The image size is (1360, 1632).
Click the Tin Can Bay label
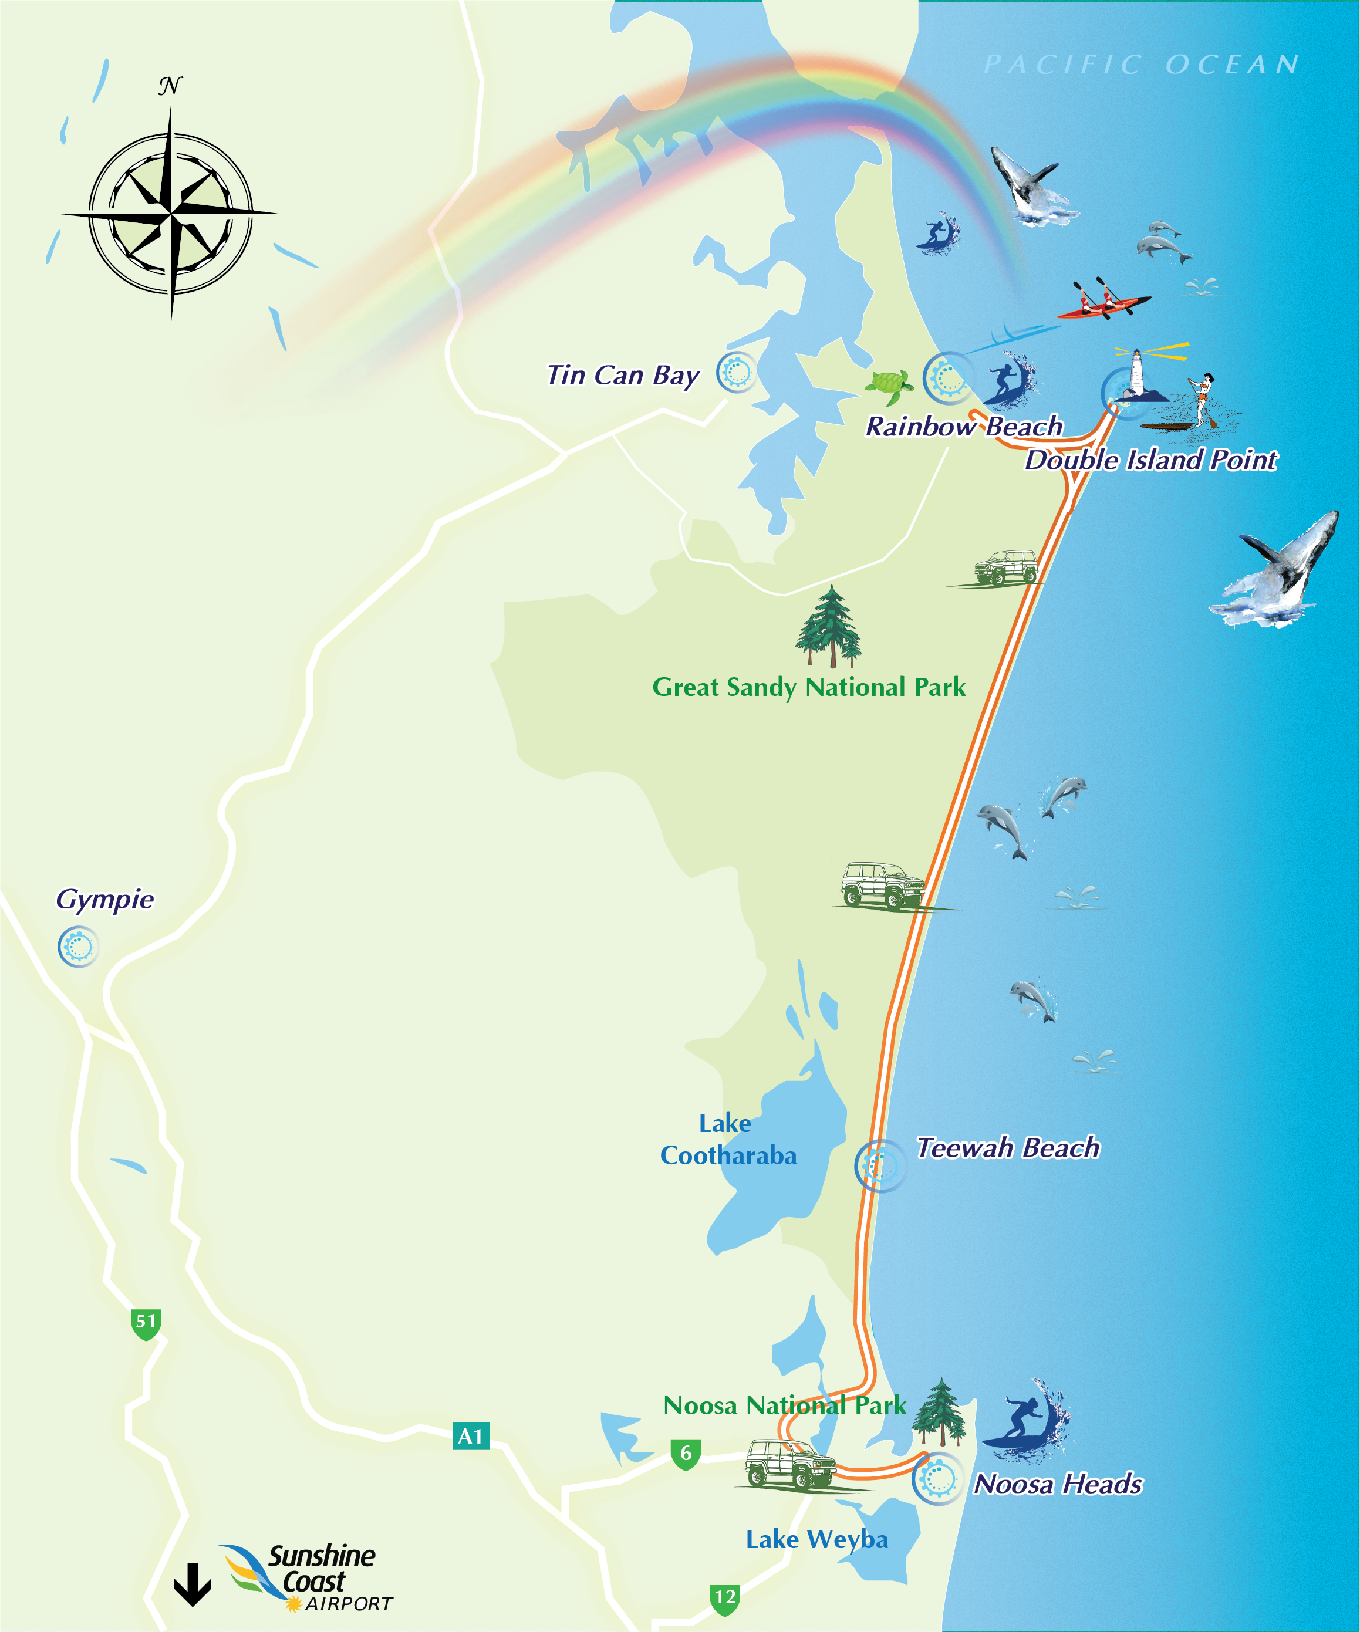click(623, 376)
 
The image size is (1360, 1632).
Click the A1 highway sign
click(470, 1436)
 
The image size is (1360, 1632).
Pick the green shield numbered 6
click(686, 1454)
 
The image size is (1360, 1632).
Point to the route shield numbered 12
click(724, 1599)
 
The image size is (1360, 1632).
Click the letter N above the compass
click(170, 86)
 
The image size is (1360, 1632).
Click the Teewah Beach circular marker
click(880, 1165)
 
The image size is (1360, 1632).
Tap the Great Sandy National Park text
click(808, 688)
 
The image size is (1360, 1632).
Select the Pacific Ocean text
click(1142, 65)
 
